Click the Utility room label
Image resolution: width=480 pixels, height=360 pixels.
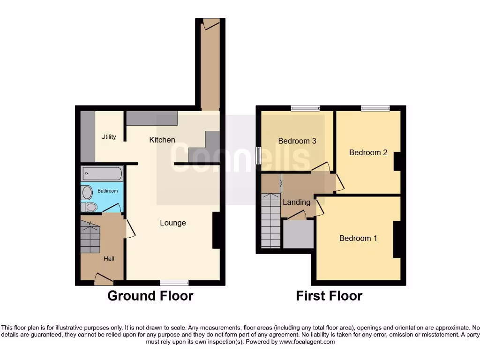tap(109, 137)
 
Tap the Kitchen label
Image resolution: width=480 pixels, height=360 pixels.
tap(162, 140)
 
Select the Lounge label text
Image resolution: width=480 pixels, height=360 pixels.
tap(173, 223)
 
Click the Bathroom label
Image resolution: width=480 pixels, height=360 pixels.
tap(107, 191)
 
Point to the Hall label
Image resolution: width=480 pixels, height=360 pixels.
tap(109, 258)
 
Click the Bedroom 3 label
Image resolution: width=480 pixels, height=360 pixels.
tap(294, 141)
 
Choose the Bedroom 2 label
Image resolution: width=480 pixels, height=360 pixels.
tap(368, 152)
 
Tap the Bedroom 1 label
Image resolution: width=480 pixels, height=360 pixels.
tap(358, 238)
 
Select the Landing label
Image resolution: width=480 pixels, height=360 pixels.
tap(296, 202)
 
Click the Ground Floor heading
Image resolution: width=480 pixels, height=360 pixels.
tap(150, 296)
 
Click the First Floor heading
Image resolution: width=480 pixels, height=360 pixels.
tap(329, 296)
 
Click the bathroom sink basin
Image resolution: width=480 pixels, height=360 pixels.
tap(87, 193)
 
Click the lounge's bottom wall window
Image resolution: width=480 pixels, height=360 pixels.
tap(174, 283)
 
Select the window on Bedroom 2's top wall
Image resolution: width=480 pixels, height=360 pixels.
tap(375, 108)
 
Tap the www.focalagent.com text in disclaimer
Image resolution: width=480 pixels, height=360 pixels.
tap(307, 342)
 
